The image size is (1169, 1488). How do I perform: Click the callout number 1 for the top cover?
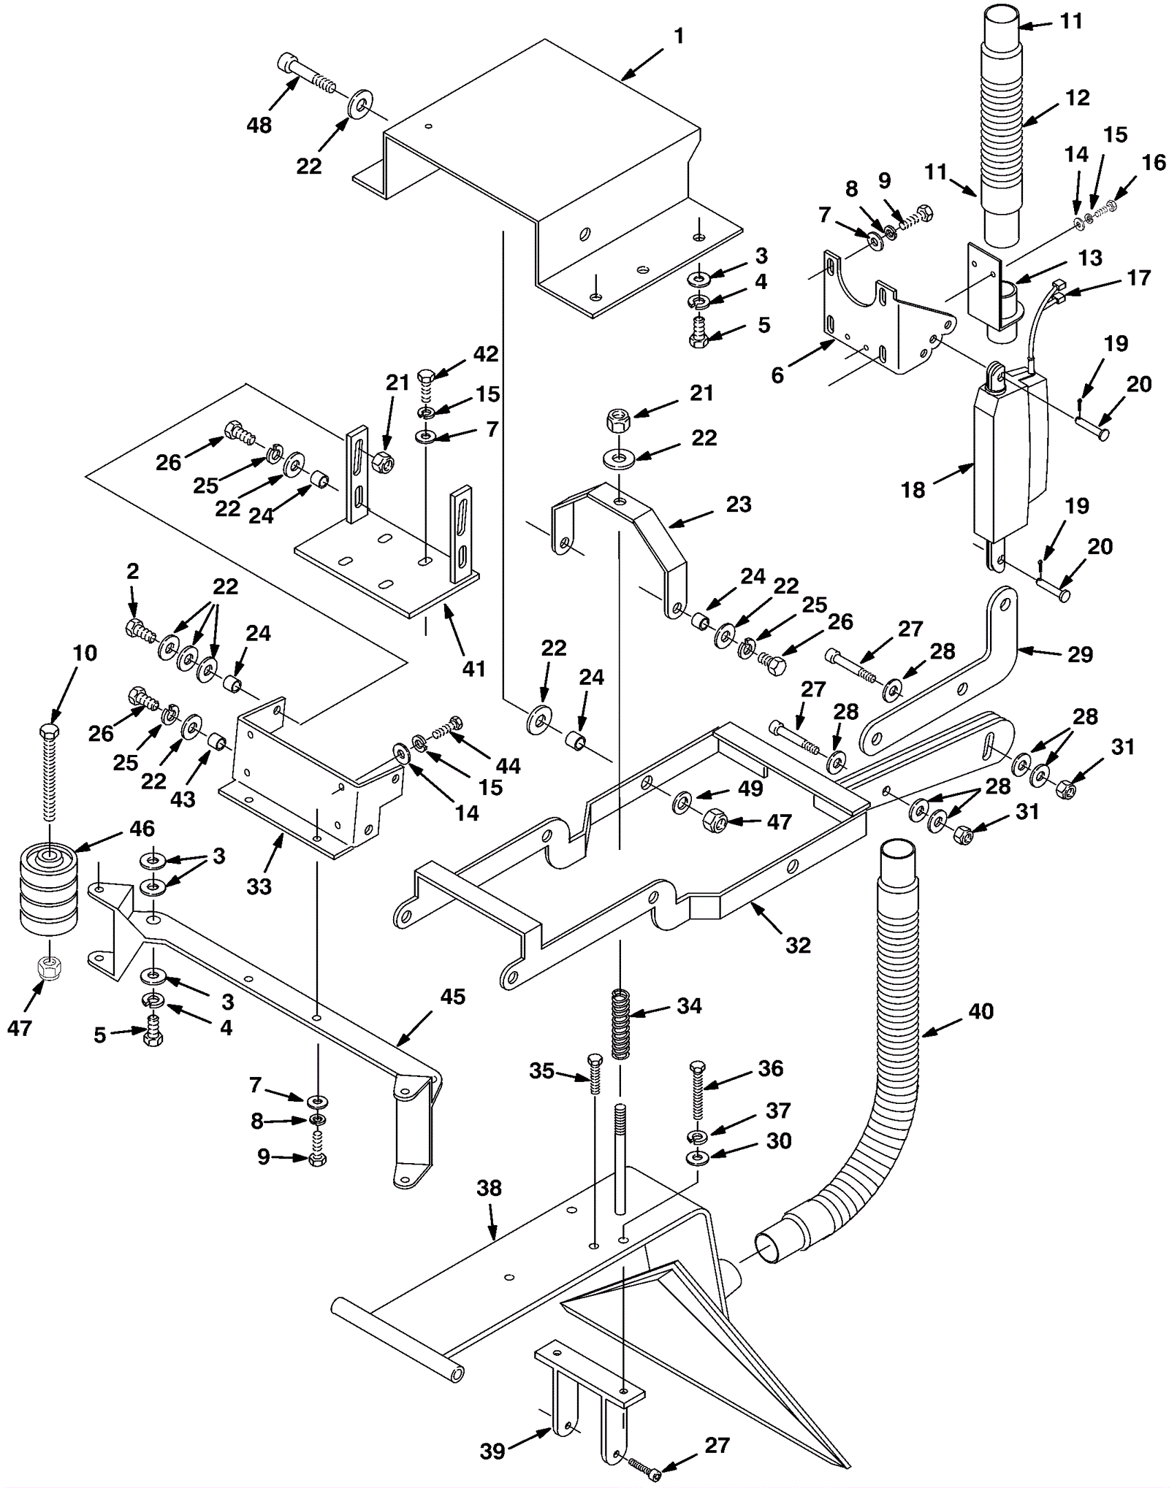click(679, 36)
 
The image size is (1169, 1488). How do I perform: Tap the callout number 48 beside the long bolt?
click(259, 125)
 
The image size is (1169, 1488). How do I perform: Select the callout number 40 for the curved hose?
click(980, 1011)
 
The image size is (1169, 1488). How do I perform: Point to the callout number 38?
click(489, 1188)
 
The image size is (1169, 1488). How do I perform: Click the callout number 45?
click(453, 997)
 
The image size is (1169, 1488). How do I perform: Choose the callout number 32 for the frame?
click(798, 945)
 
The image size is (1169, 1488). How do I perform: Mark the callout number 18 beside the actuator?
click(913, 490)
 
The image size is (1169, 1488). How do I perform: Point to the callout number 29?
click(1080, 654)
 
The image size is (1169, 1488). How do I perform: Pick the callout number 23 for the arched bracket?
click(739, 504)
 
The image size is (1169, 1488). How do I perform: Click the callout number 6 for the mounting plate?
click(777, 375)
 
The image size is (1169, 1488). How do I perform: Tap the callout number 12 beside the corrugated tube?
click(1078, 98)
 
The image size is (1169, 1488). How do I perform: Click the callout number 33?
click(259, 886)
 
